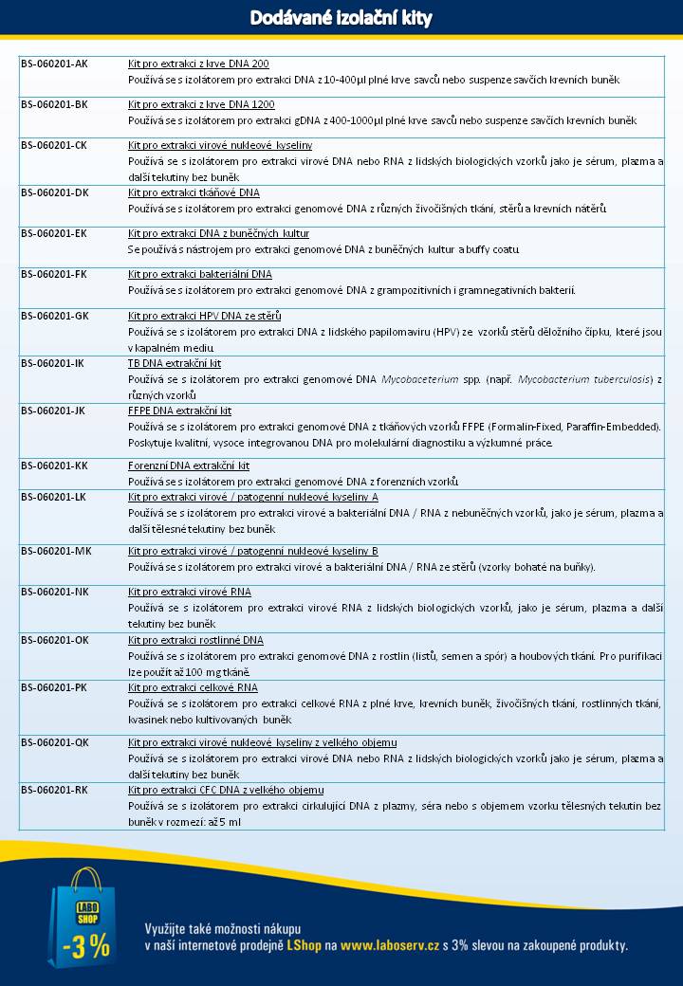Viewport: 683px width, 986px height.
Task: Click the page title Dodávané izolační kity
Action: click(x=341, y=18)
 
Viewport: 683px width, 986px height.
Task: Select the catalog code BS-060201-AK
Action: click(x=55, y=64)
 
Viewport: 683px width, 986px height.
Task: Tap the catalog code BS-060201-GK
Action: click(x=55, y=315)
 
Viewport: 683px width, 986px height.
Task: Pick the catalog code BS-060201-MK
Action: click(x=56, y=551)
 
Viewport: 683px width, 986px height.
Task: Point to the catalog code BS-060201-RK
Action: click(x=55, y=789)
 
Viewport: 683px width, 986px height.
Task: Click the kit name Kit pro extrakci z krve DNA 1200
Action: click(x=201, y=104)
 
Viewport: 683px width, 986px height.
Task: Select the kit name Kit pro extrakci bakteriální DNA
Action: click(x=199, y=274)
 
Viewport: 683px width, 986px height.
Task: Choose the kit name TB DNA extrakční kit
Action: click(x=175, y=363)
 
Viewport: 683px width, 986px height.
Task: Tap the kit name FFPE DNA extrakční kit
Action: click(x=179, y=411)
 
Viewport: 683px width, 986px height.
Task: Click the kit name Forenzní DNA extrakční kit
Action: click(x=189, y=466)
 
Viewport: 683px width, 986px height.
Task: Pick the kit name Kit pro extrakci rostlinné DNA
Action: click(x=195, y=640)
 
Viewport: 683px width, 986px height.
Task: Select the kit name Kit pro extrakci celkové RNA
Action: click(x=193, y=687)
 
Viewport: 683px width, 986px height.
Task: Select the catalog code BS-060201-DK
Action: click(x=55, y=192)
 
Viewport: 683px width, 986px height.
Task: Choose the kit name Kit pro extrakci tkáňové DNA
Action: click(x=194, y=192)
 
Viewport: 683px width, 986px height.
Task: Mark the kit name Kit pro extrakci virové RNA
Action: click(x=190, y=592)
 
